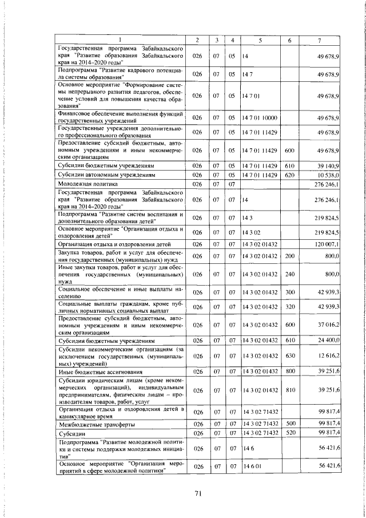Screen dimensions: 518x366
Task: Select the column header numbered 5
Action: [260, 39]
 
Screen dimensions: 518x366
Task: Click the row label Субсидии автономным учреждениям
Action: [102, 175]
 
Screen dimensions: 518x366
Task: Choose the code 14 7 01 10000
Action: [260, 117]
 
